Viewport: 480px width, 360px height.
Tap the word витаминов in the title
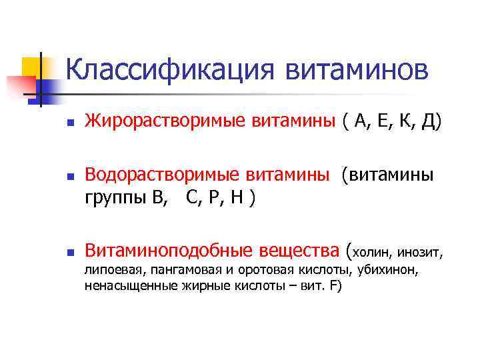[x=358, y=70]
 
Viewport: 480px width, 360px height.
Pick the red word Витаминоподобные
[x=169, y=251]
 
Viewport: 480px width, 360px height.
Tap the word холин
[x=372, y=252]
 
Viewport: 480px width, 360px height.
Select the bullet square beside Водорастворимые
[x=69, y=176]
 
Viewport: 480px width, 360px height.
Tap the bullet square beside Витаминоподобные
[x=69, y=252]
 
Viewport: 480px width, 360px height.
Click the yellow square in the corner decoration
[x=32, y=67]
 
